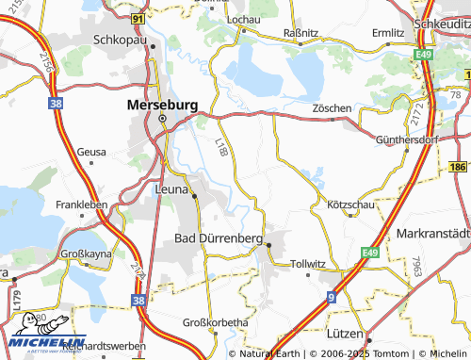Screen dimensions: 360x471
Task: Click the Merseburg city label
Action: [x=161, y=106]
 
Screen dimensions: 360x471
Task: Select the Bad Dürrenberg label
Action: [x=219, y=239]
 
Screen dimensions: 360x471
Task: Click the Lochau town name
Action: [x=244, y=19]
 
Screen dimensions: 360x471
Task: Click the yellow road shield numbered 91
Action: [x=138, y=17]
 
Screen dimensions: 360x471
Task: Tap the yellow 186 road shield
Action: [x=458, y=167]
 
